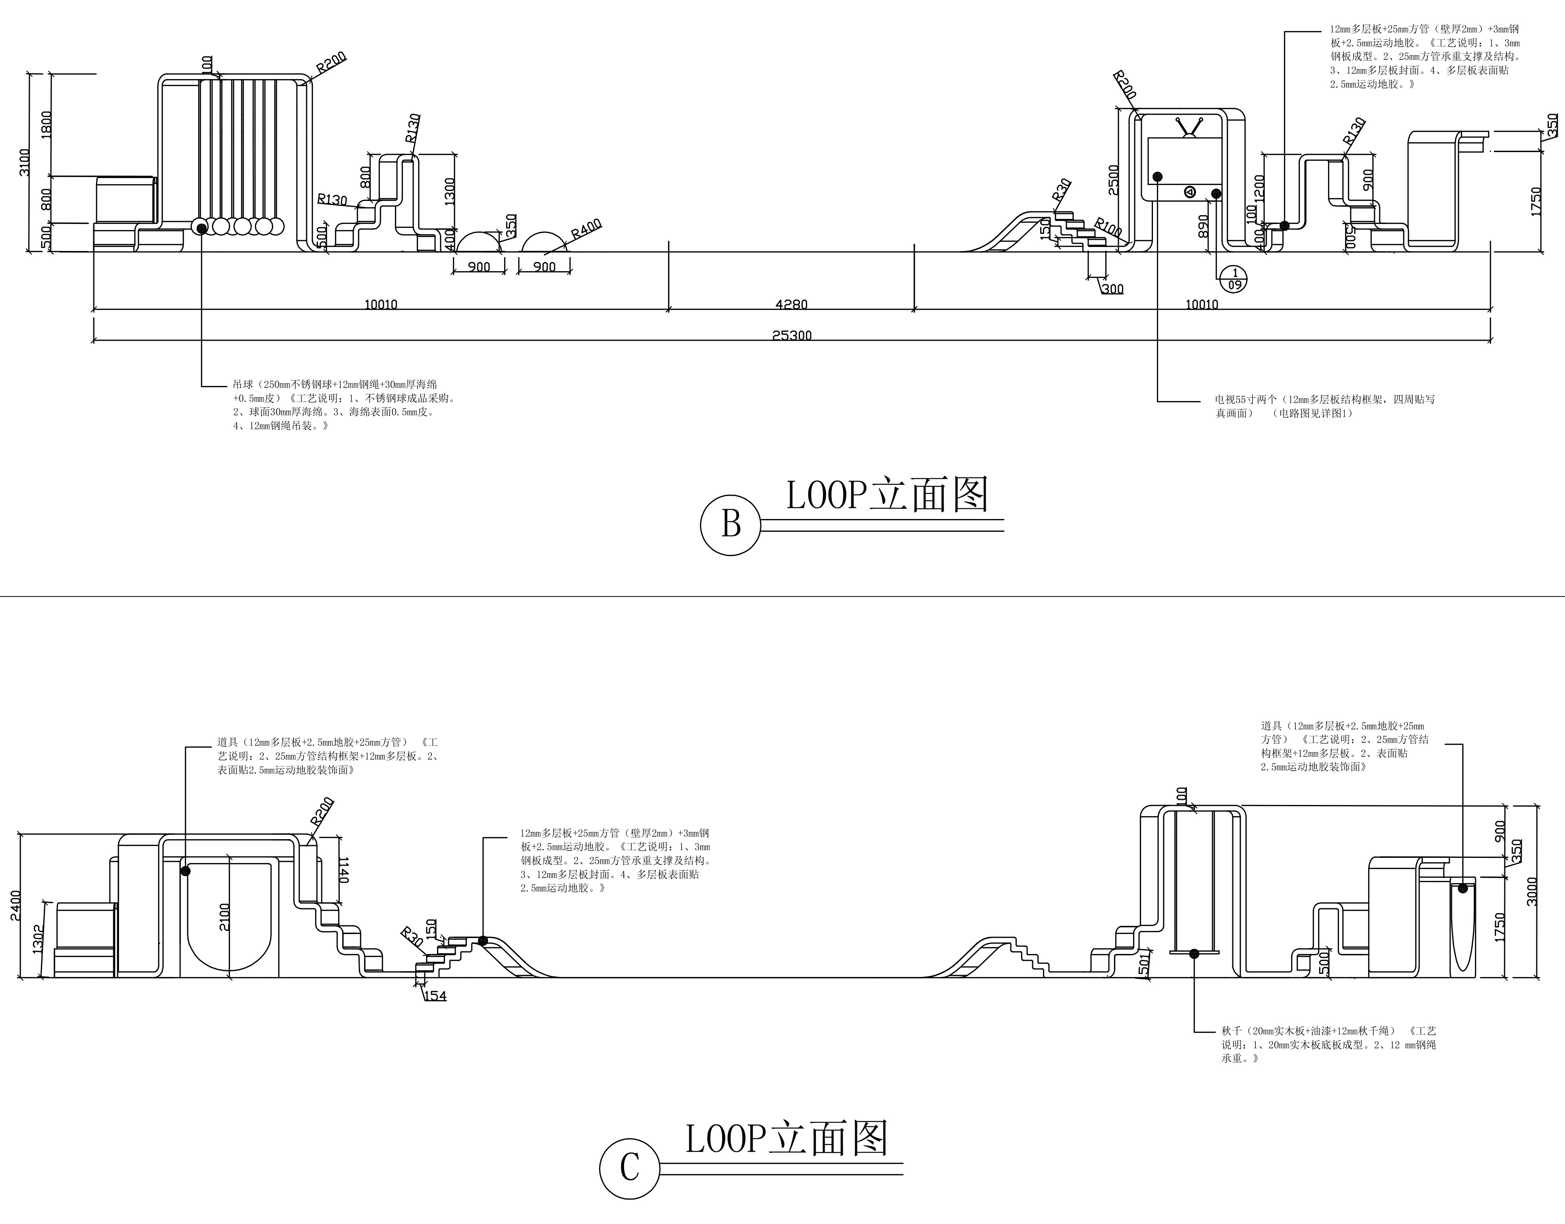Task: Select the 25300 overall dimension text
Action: click(791, 335)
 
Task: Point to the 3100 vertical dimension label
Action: click(24, 163)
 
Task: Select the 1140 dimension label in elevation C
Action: click(343, 869)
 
